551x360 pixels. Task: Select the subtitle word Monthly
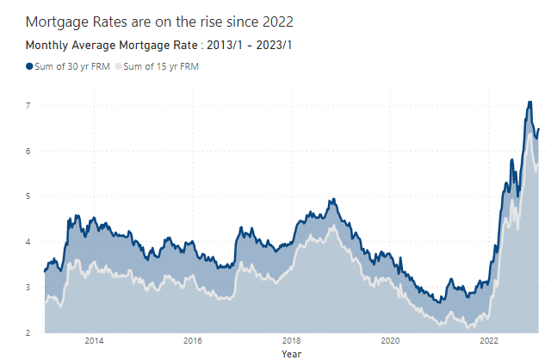coord(50,45)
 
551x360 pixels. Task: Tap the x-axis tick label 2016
coord(193,341)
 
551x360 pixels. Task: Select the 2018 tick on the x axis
coord(292,341)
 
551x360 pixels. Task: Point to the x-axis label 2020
coord(391,341)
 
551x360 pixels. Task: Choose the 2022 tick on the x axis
coord(490,341)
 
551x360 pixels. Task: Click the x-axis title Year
coord(292,353)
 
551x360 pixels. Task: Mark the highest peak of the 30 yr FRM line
coord(529,102)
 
